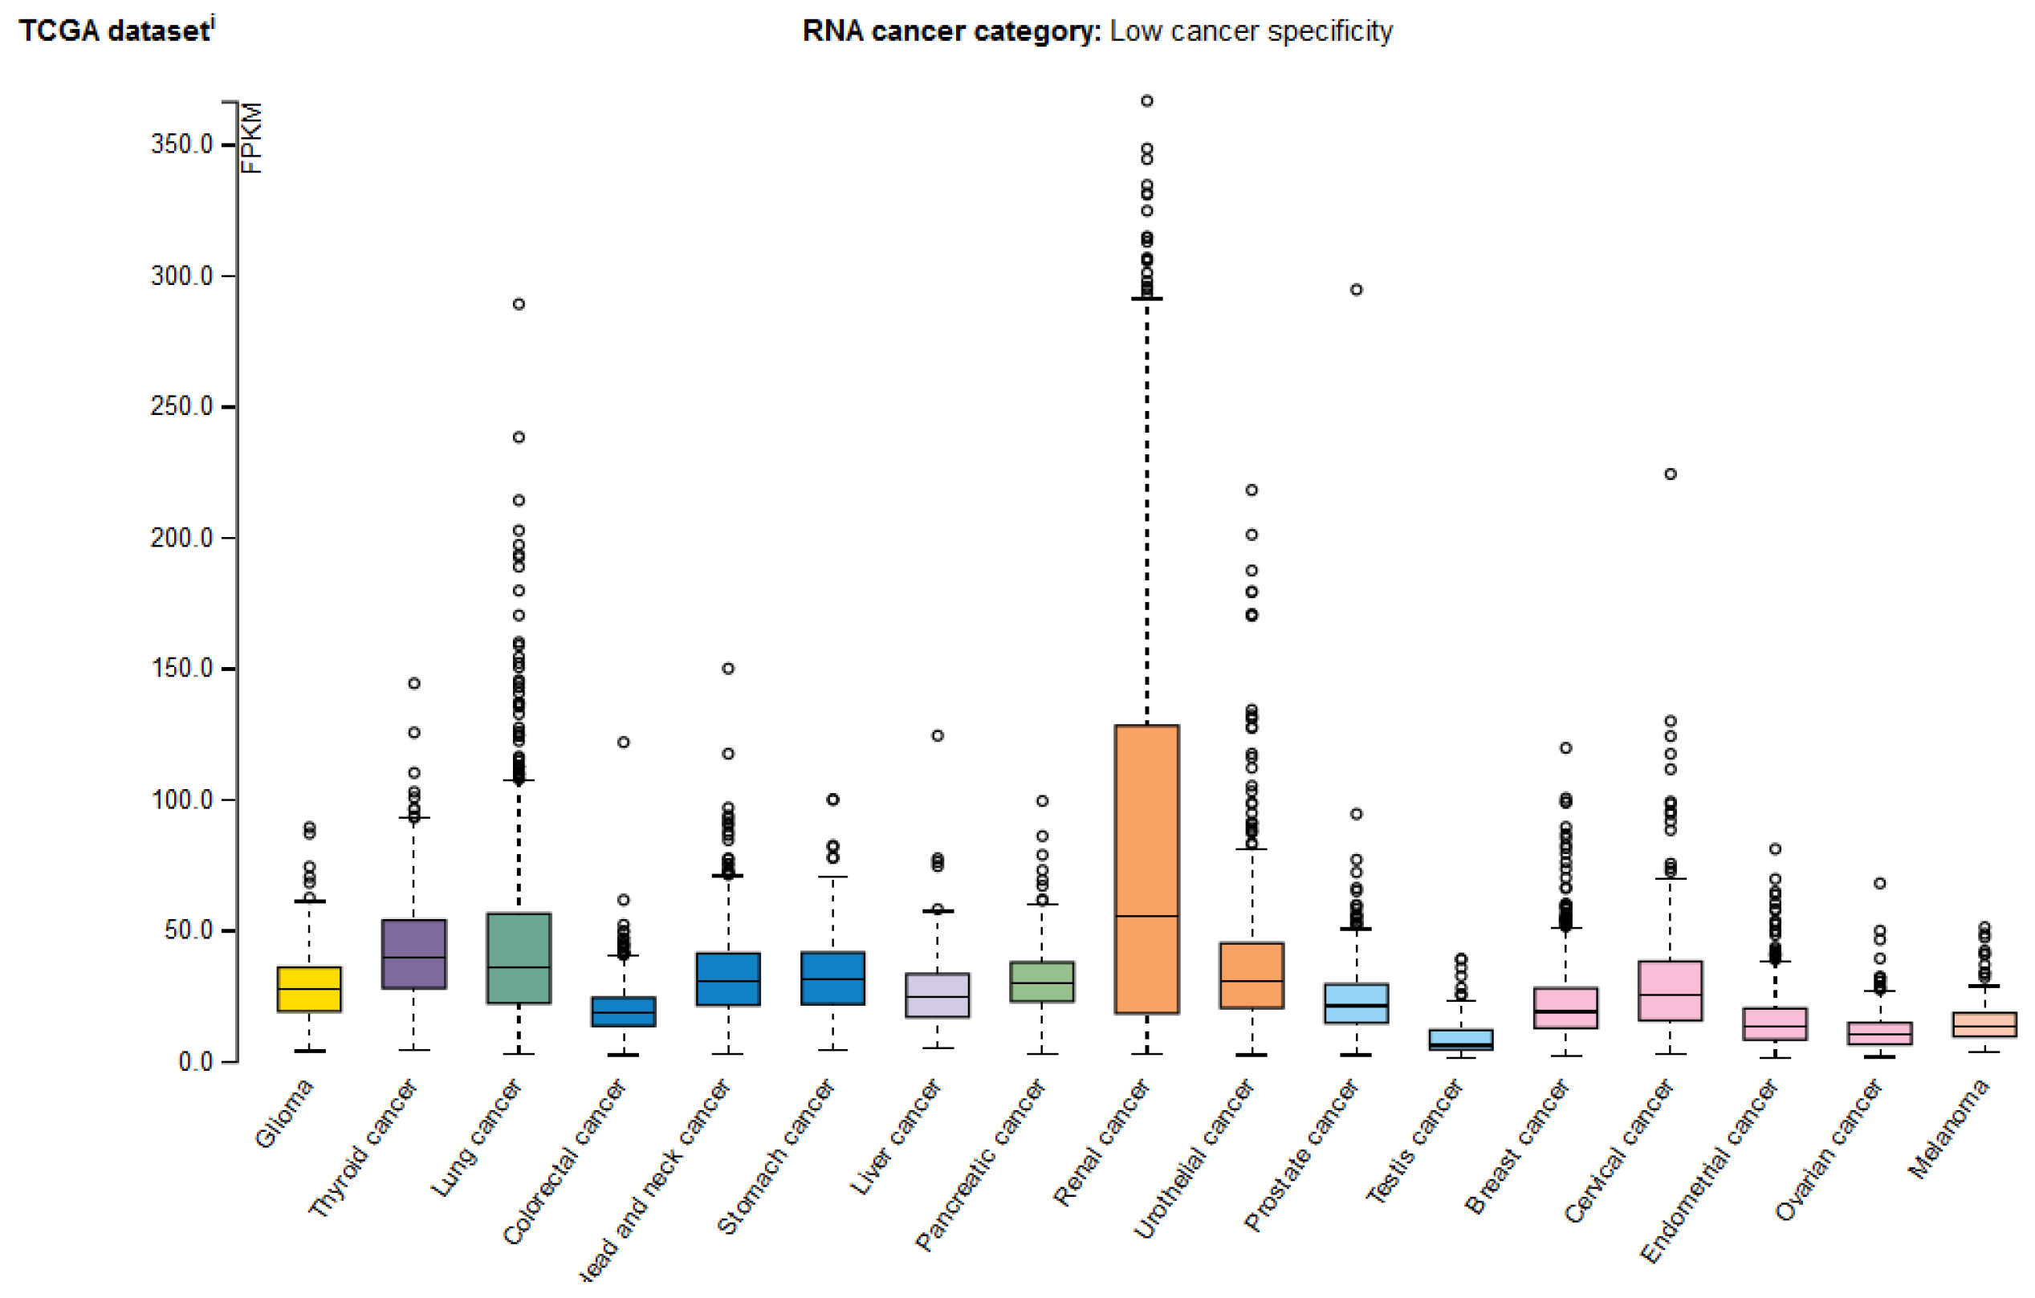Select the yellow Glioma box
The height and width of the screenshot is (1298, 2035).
tap(309, 989)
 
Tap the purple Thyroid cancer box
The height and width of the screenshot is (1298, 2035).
tap(413, 953)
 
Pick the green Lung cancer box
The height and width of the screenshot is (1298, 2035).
tap(518, 958)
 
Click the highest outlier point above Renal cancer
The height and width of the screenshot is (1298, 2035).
tap(1147, 100)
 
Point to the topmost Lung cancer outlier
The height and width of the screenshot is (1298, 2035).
tap(519, 304)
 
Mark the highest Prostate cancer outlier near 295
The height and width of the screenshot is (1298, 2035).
tap(1357, 290)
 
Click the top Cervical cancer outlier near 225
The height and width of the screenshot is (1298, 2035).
tap(1671, 474)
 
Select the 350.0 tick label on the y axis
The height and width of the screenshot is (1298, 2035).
tap(181, 144)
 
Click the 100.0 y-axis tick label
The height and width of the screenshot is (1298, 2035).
tap(181, 800)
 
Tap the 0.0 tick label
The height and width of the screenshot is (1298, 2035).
tap(195, 1061)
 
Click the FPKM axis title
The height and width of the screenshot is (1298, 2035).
tap(252, 138)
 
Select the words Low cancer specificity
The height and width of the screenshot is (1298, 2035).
tap(1251, 31)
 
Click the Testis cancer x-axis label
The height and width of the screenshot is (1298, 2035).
tap(1414, 1141)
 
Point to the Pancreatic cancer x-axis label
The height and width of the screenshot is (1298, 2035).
tap(980, 1165)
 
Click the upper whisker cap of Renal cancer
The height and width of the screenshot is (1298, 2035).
tap(1147, 299)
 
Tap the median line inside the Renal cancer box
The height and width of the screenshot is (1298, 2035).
tap(1147, 916)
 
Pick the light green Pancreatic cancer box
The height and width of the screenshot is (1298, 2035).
tap(1042, 981)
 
